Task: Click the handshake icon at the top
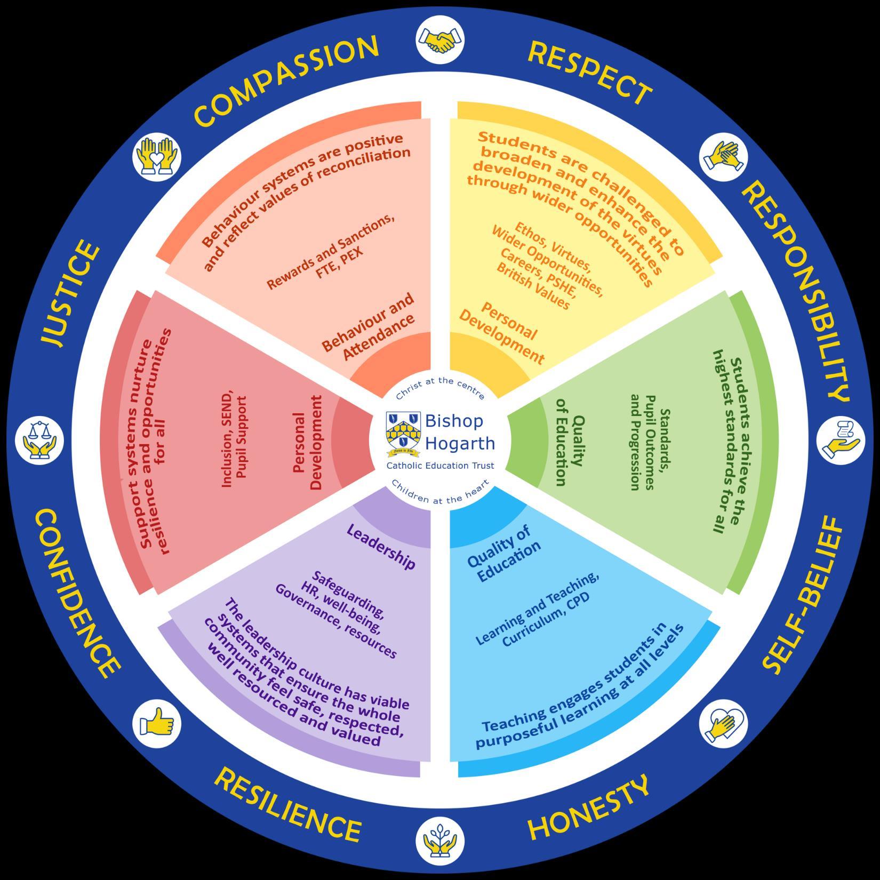(x=440, y=40)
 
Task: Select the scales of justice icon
(x=39, y=441)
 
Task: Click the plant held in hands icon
(x=440, y=841)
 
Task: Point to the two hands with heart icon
(x=156, y=156)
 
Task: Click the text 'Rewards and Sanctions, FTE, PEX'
(x=331, y=254)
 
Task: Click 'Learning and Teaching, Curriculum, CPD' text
(x=539, y=611)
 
